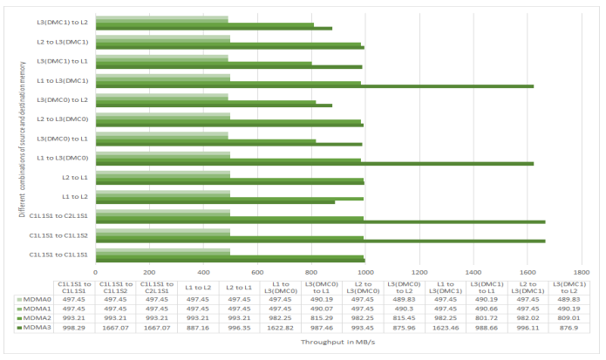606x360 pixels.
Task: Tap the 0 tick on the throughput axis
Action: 96,271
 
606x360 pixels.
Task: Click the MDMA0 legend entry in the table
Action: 36,298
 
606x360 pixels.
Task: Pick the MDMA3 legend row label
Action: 36,328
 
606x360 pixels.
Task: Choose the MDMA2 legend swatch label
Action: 36,318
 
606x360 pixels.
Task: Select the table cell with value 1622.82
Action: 280,328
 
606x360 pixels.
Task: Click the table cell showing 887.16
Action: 197,328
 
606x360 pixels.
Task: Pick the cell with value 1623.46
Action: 446,328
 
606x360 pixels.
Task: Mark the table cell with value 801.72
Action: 487,318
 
